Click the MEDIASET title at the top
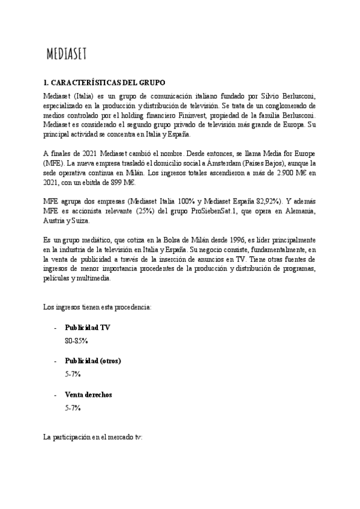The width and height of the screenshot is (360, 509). (x=67, y=55)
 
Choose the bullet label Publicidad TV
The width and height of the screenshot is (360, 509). (x=88, y=328)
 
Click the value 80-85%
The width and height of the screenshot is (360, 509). (x=76, y=340)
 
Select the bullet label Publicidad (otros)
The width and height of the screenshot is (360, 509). (x=93, y=361)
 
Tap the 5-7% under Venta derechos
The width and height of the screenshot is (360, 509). (x=73, y=408)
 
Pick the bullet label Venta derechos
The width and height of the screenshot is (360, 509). (x=88, y=395)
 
